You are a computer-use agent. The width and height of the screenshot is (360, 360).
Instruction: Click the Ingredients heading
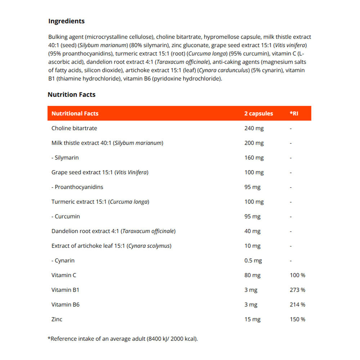(66, 21)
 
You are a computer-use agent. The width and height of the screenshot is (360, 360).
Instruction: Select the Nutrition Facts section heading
(71, 95)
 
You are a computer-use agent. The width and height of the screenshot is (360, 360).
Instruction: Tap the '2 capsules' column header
(258, 113)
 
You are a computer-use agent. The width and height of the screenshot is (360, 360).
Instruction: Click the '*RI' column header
(294, 113)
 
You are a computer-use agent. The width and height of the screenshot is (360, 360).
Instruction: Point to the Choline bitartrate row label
(74, 128)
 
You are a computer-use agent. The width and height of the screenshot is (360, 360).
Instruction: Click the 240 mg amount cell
(254, 128)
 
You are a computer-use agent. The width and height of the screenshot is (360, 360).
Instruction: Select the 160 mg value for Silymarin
(254, 158)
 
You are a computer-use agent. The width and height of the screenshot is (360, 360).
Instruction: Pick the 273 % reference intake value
(297, 290)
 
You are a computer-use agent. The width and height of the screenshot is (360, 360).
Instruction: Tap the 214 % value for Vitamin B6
(297, 305)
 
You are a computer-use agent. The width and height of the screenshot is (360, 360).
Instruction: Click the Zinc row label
(57, 319)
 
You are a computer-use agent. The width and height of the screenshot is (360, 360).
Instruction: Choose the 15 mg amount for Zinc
(252, 319)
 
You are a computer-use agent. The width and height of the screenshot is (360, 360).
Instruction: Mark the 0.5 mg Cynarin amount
(253, 261)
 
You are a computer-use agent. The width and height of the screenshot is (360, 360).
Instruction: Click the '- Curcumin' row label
(66, 216)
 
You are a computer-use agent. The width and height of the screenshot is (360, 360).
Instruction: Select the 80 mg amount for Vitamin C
(252, 275)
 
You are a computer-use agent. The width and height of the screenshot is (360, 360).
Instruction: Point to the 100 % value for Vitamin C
(297, 275)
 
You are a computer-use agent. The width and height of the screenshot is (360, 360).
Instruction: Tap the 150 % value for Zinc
(297, 319)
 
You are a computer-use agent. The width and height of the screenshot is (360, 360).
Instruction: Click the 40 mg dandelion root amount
(252, 231)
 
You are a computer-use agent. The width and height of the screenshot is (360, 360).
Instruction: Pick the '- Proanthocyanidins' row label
(77, 187)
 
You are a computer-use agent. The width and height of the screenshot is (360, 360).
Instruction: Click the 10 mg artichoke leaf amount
(252, 246)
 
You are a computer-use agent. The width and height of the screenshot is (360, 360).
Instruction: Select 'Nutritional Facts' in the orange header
(75, 113)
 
